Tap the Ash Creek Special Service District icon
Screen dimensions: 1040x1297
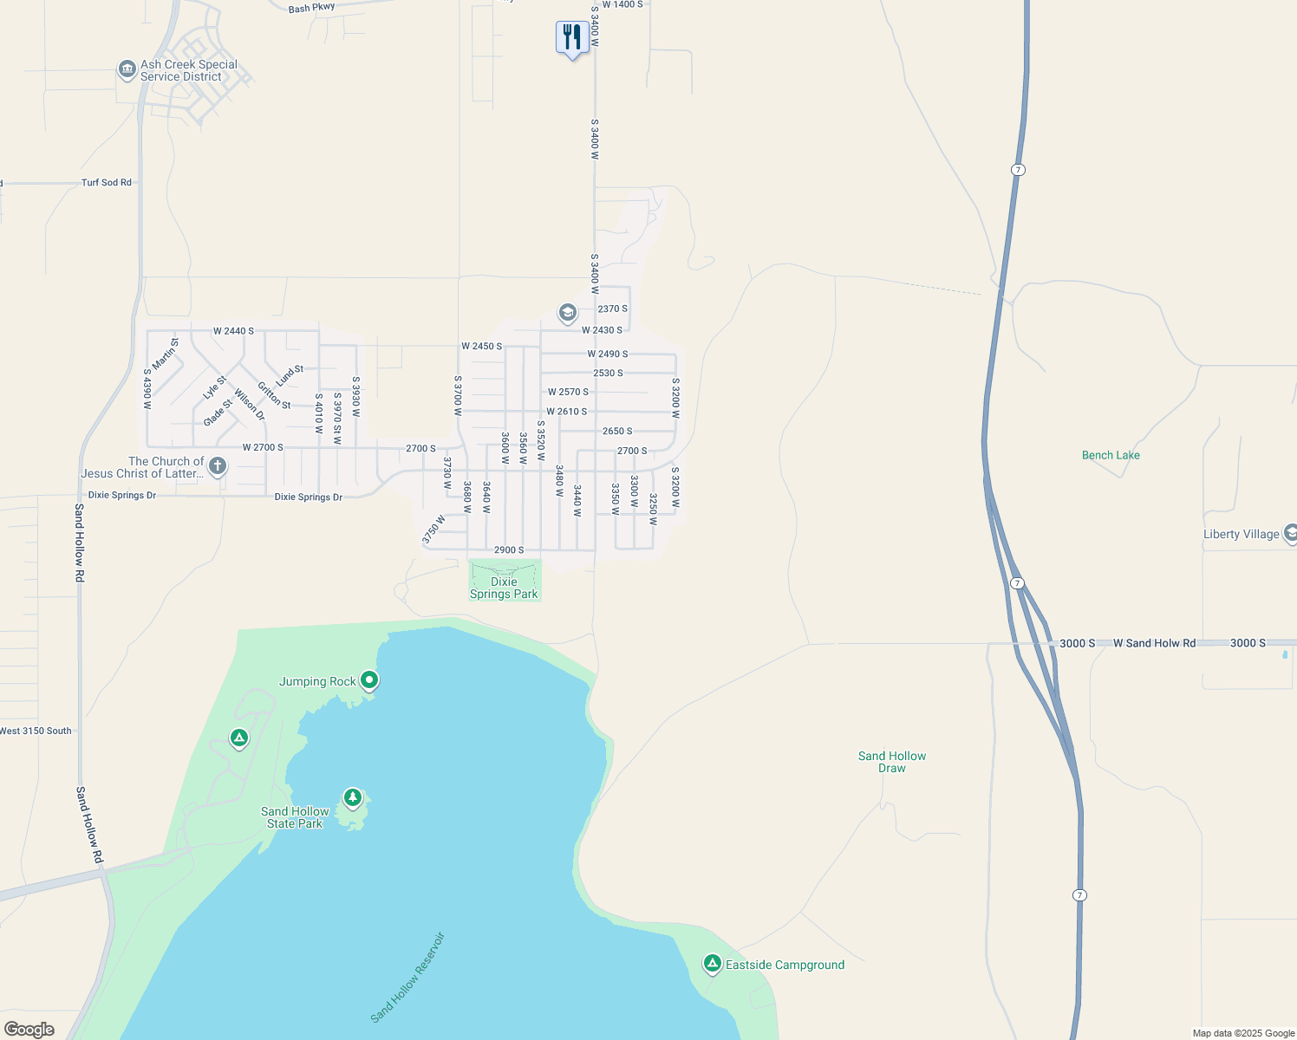pos(127,69)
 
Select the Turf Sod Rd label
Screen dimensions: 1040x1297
pos(106,183)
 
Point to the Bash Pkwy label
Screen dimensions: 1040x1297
pos(311,8)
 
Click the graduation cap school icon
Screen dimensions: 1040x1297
pos(567,313)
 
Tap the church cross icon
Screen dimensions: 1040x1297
pos(218,466)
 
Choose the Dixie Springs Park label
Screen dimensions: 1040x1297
pos(504,588)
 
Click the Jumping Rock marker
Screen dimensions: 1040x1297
pos(369,680)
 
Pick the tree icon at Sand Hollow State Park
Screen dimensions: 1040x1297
pos(352,796)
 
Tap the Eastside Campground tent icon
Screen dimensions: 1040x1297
pos(712,963)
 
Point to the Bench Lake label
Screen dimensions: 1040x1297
pos(1111,455)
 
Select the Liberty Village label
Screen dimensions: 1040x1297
pos(1241,534)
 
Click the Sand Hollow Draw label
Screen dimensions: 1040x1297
pos(892,762)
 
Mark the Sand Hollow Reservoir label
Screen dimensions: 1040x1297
pos(407,977)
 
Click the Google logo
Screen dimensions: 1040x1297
pos(29,1030)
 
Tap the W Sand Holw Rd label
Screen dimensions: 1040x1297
pos(1154,643)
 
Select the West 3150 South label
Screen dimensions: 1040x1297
pos(36,731)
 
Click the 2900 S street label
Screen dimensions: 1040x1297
pos(509,550)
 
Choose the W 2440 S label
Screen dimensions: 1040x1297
pos(233,331)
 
